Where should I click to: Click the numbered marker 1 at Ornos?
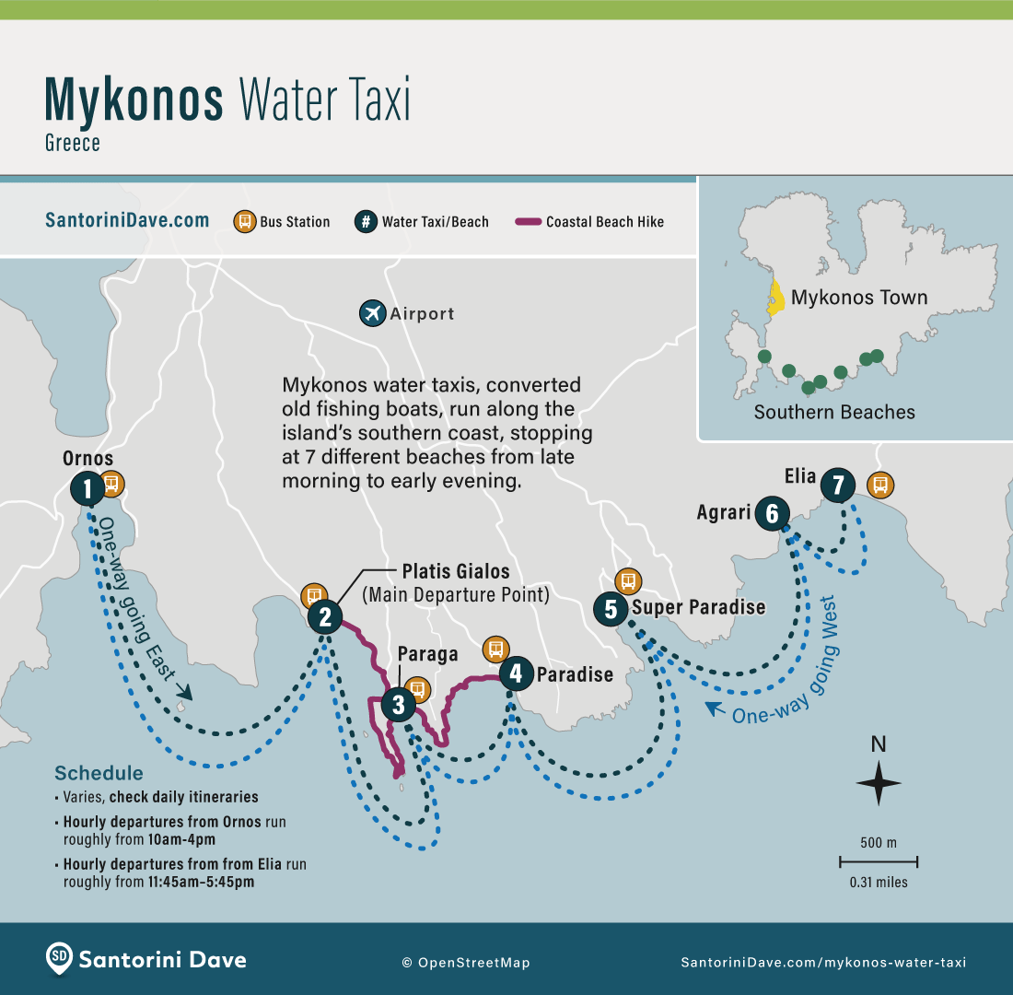pos(87,488)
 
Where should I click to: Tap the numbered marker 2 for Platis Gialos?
pos(325,616)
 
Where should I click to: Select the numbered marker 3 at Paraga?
pos(398,706)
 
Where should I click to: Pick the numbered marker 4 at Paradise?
pos(515,673)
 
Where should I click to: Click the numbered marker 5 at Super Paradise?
pos(611,608)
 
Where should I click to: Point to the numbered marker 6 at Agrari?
pos(772,513)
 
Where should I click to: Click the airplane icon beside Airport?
pos(372,313)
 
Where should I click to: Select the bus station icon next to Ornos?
pos(111,483)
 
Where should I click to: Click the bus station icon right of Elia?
pos(879,484)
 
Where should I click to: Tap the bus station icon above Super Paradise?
pos(628,580)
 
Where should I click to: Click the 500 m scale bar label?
pos(879,842)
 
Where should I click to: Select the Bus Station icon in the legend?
pos(245,221)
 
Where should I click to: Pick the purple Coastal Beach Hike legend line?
pos(528,221)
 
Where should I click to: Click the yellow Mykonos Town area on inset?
pos(776,297)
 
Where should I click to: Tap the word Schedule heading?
pos(99,773)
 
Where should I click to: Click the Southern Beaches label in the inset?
pos(834,412)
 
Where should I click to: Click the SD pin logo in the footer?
pos(59,958)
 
